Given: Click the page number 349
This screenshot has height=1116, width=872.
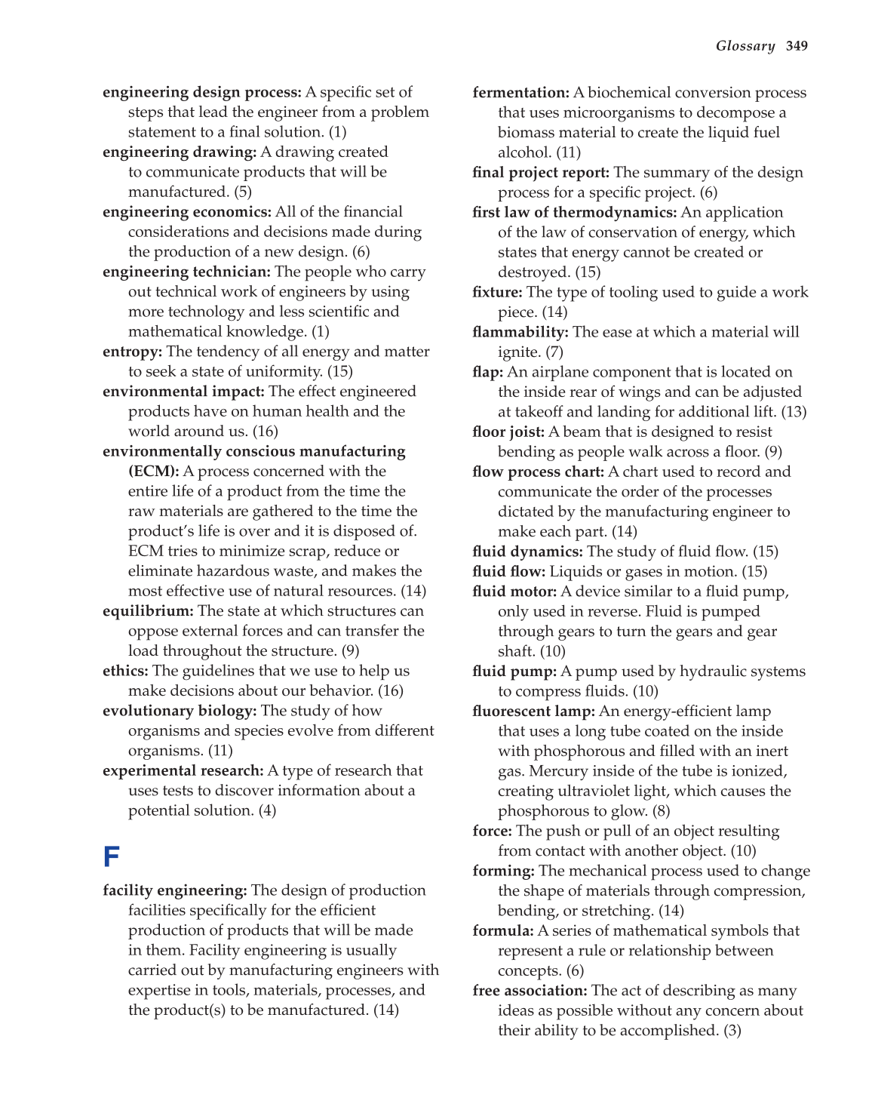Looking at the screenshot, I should coord(797,46).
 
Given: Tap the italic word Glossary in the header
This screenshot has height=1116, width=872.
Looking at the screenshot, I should coord(745,46).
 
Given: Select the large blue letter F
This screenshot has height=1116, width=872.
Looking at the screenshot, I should coord(112,857).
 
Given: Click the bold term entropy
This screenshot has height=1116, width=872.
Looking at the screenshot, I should coord(132,352).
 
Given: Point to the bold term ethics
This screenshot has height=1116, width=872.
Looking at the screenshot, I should coord(125,671).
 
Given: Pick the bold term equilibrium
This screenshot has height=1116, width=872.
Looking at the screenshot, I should coord(148,611).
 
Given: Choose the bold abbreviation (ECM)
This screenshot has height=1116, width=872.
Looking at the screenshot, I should coord(153,472).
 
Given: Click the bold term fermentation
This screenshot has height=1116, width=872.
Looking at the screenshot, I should coord(520,93).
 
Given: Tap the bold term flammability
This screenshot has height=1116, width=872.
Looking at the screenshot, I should coord(520,332).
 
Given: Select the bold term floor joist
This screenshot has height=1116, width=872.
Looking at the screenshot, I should coord(508,432).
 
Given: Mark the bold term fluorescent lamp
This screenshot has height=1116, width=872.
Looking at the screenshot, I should coord(533,712).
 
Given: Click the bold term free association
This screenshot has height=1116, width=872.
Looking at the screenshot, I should coord(530,991).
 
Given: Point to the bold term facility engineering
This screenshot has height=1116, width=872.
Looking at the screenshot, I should coord(175,890).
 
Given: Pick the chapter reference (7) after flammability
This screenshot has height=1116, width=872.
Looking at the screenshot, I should coord(554,352).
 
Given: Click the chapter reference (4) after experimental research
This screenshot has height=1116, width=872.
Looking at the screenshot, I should coord(267,810).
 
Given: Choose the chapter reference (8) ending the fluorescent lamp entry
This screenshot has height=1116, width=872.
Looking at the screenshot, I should coord(661,811).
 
